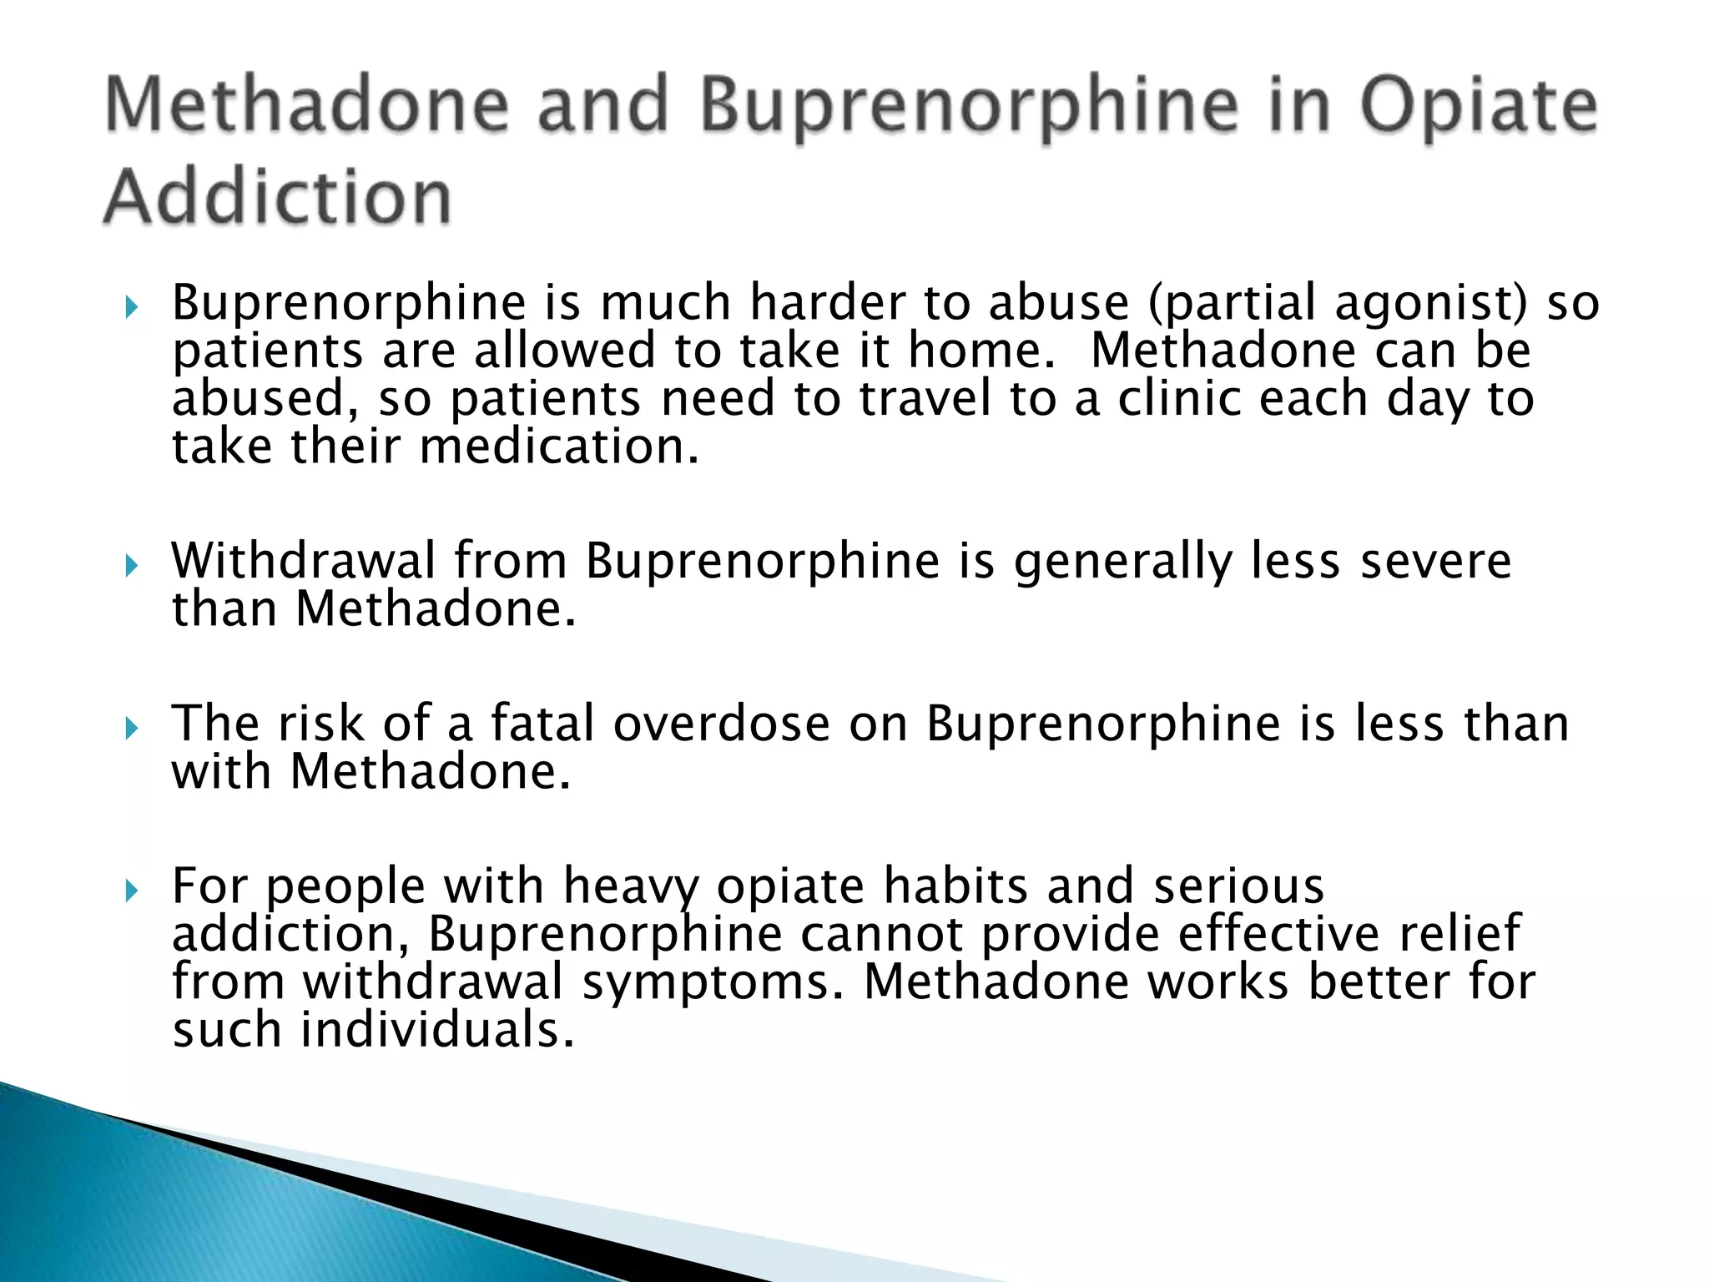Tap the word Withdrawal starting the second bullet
click(x=303, y=560)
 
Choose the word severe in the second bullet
click(x=1435, y=561)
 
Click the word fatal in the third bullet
click(x=542, y=723)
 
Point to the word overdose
click(x=722, y=723)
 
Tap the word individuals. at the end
click(x=437, y=1030)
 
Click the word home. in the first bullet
click(x=982, y=351)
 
